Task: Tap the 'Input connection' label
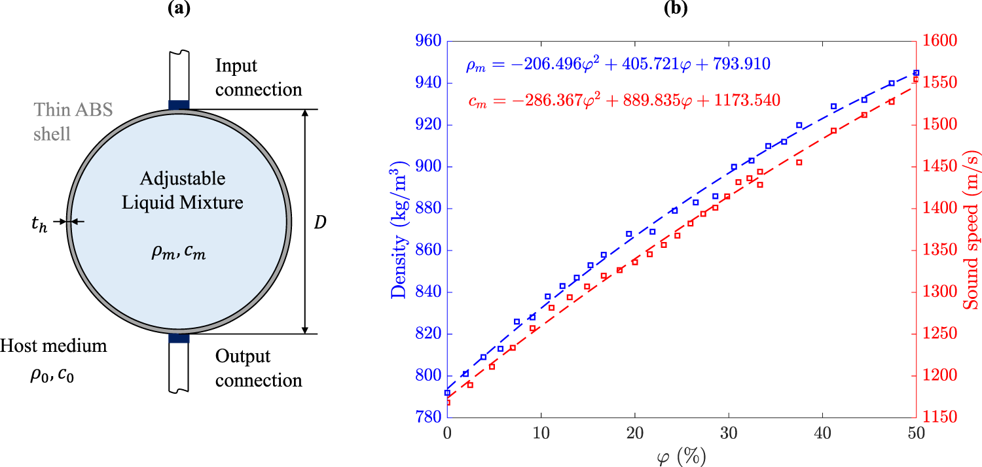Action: (258, 78)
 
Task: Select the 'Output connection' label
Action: (258, 368)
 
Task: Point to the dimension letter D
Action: (321, 223)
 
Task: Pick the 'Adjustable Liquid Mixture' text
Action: (183, 190)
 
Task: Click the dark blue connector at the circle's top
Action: (179, 105)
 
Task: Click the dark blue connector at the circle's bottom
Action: (179, 338)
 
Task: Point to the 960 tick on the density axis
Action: (429, 42)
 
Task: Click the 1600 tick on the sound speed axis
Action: (937, 42)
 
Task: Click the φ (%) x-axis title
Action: (681, 453)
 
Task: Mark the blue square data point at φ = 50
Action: (916, 73)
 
